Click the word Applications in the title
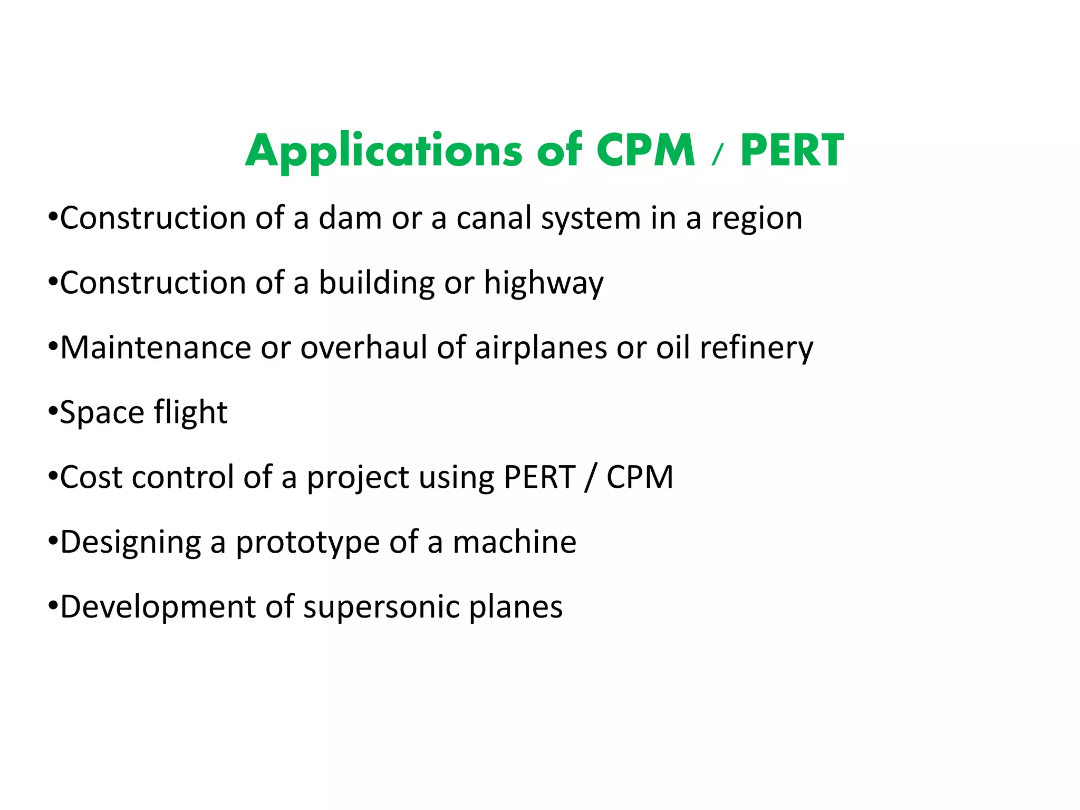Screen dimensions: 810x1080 tap(383, 151)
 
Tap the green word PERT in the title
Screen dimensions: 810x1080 tap(792, 151)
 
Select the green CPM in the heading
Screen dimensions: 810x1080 tap(645, 151)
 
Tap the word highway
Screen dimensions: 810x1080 tap(544, 284)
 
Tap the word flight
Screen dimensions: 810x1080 tap(190, 413)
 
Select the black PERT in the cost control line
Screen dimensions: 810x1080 tap(539, 477)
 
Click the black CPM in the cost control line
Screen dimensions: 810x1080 tap(640, 477)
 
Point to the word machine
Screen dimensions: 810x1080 tap(514, 542)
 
